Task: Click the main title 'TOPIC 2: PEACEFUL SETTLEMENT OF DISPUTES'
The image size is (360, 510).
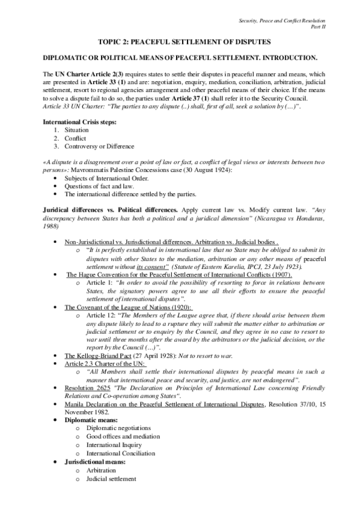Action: (180, 41)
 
